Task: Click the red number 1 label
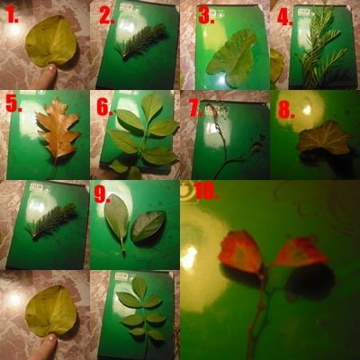[13, 16]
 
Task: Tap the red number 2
[107, 16]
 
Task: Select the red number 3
[207, 16]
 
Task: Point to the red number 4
[285, 17]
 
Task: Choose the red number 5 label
[13, 104]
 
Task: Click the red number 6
[105, 108]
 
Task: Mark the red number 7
[195, 108]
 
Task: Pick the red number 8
[286, 111]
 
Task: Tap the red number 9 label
[102, 195]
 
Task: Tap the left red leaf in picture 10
[240, 251]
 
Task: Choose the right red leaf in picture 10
[300, 252]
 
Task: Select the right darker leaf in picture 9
[148, 226]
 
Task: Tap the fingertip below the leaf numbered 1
[48, 76]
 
